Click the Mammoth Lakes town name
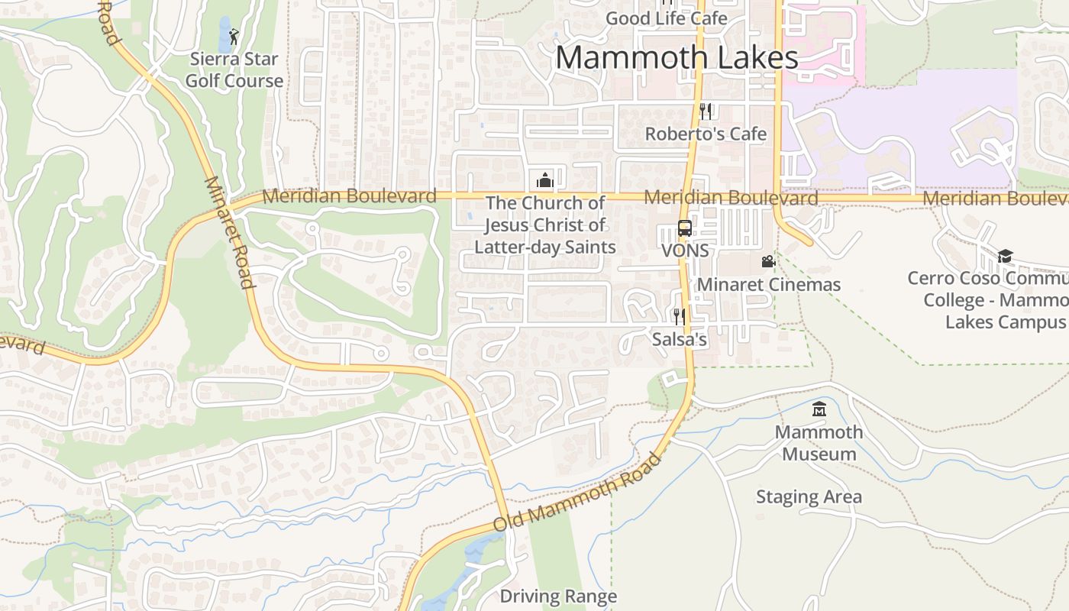[x=677, y=58]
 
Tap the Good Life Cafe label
[x=666, y=18]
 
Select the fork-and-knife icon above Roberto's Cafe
[x=706, y=112]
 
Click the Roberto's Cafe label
[x=706, y=134]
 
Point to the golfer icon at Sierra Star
[x=234, y=35]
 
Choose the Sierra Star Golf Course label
[x=234, y=70]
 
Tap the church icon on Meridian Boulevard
[x=545, y=180]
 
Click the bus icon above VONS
[x=685, y=228]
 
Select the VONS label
[x=685, y=251]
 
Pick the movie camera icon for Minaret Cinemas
[x=768, y=262]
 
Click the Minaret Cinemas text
[x=768, y=285]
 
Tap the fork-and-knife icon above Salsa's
[x=679, y=316]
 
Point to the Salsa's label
[x=679, y=339]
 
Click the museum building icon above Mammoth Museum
[x=819, y=409]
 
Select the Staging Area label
[x=809, y=497]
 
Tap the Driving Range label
[x=558, y=596]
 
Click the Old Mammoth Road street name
[x=577, y=493]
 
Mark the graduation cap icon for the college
[x=1005, y=256]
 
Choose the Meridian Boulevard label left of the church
[x=349, y=196]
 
